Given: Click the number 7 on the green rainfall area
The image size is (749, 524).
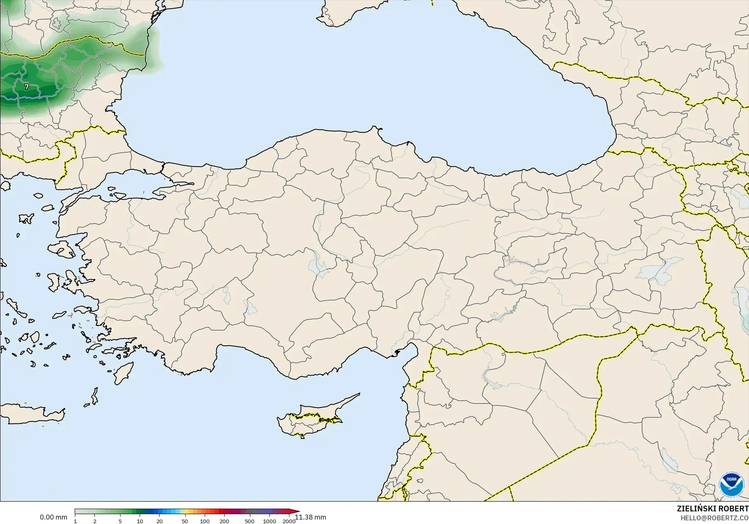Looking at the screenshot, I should click(26, 87).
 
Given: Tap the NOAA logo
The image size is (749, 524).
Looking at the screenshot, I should click(731, 484).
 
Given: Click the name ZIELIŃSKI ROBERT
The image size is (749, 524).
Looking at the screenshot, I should click(712, 509).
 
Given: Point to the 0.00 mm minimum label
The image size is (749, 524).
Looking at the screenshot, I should click(53, 517).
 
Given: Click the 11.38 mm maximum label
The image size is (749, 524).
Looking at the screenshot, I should click(311, 517).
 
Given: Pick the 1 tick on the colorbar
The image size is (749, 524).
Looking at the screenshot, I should click(75, 521).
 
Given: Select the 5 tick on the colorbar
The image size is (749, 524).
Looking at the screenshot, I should click(120, 521).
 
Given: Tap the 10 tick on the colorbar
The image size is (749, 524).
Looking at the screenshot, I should click(140, 521).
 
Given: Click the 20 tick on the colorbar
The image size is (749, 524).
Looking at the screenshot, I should click(160, 521).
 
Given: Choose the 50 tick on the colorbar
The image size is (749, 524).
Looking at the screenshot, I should click(185, 521).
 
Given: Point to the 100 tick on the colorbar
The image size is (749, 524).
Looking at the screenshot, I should click(205, 521).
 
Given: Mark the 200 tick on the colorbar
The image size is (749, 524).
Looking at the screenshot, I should click(224, 521).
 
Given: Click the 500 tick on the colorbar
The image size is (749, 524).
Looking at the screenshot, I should click(250, 521).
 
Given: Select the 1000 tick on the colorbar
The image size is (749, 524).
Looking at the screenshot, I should click(269, 521).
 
